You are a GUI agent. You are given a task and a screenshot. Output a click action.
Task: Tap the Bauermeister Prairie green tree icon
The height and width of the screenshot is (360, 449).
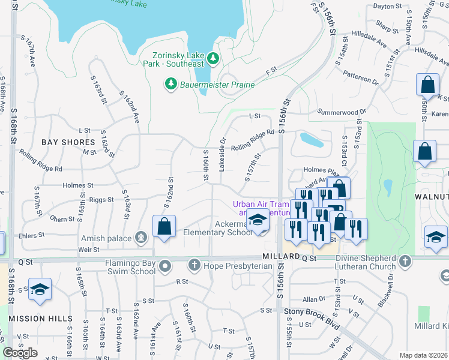172,84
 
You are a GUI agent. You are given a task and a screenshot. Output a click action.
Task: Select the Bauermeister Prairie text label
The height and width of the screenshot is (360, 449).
217,85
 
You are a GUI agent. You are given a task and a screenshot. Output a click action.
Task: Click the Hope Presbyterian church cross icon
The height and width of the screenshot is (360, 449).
194,264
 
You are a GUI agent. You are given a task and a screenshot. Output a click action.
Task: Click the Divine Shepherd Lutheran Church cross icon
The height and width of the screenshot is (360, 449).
405,261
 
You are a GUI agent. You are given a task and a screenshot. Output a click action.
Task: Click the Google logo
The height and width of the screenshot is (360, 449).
20,352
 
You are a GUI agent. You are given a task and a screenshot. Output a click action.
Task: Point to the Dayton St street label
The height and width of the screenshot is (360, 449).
387,7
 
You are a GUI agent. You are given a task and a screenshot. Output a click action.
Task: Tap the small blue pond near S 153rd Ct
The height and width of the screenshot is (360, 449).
312,140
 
